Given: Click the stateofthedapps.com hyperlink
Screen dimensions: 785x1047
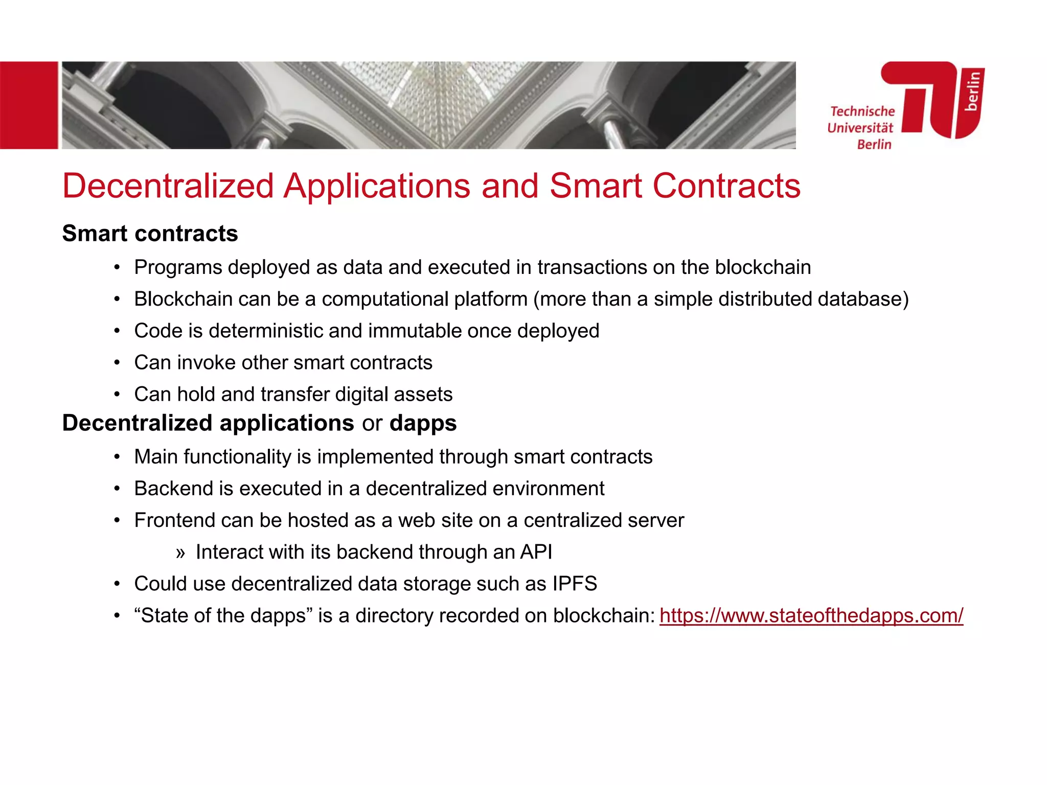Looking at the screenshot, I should click(x=811, y=615).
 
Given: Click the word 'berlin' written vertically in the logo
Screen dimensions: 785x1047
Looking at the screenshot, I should click(x=973, y=91).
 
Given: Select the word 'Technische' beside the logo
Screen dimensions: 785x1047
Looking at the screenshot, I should click(x=862, y=111).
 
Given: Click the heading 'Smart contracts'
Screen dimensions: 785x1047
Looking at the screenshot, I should click(x=150, y=234).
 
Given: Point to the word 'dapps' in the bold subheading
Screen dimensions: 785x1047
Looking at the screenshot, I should click(x=423, y=424).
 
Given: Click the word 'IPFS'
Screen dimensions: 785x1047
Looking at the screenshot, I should click(x=575, y=584).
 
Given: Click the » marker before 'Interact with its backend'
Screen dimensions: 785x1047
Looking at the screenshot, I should click(x=180, y=553).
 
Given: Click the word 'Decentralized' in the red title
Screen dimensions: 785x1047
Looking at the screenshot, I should click(x=168, y=186).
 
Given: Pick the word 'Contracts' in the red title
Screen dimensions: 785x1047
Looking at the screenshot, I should click(x=726, y=186).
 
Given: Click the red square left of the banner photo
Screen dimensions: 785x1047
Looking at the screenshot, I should click(x=29, y=105).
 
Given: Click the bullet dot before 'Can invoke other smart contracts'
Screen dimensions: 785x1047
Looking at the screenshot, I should click(x=117, y=363).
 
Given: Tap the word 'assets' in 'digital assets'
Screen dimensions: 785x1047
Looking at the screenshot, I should click(x=427, y=395).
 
